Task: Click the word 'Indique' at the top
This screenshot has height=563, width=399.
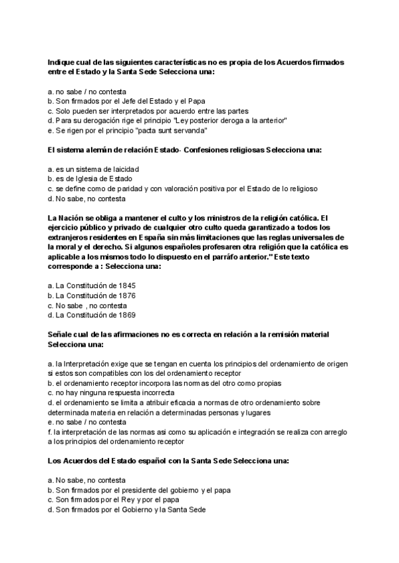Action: click(x=61, y=62)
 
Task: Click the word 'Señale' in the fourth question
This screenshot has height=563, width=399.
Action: click(x=61, y=334)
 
